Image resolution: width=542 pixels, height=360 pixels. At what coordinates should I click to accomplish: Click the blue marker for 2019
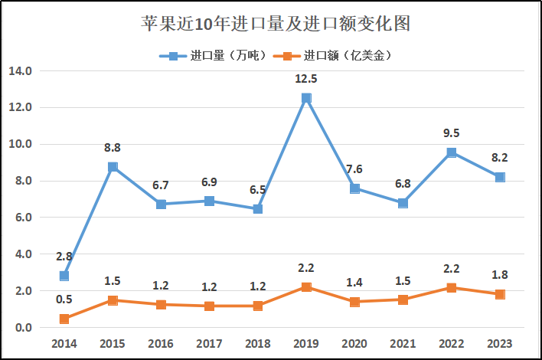306,98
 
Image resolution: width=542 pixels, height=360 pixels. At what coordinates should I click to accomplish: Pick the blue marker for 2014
64,276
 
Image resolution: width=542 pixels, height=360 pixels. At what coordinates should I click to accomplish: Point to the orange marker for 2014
64,319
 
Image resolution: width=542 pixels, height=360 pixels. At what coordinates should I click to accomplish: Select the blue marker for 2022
452,152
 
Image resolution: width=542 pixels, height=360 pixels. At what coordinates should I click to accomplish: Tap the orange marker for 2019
306,287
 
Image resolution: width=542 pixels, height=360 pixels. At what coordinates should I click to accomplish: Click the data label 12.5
306,78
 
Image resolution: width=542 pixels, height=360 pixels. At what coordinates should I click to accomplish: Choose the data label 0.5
64,299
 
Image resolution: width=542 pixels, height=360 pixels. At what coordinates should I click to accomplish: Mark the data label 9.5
452,133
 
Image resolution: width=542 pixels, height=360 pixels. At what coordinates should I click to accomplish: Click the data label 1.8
500,275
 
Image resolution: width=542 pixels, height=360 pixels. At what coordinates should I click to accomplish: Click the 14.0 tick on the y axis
20,70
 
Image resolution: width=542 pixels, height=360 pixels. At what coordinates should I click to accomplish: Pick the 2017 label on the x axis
210,344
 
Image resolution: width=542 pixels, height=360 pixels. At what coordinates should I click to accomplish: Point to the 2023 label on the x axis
500,344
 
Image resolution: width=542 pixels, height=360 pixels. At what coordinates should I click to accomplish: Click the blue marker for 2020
355,188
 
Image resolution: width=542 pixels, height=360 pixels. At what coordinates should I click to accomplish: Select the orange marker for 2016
161,305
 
